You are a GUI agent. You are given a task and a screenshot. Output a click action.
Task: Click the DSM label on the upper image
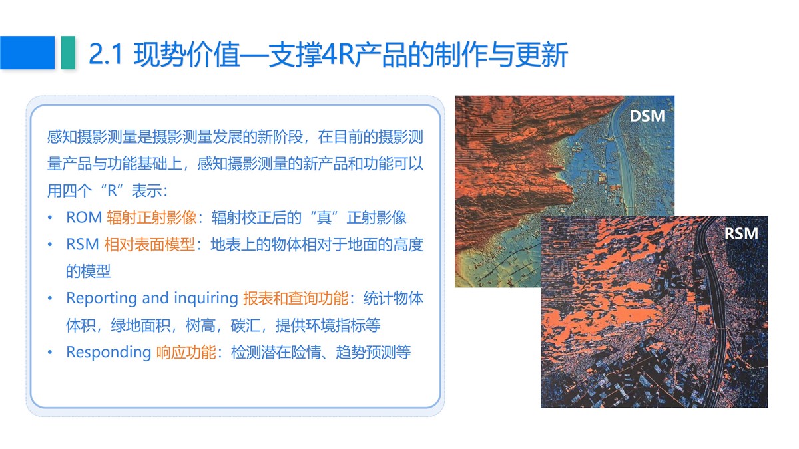647,116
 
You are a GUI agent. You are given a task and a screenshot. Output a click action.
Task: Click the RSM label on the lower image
741,233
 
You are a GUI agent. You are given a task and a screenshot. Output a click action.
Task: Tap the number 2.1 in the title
106,55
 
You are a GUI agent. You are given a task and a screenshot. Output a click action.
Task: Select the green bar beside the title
68,53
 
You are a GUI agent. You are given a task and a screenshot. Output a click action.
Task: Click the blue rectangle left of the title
27,53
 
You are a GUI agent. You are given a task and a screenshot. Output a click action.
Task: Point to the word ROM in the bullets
84,218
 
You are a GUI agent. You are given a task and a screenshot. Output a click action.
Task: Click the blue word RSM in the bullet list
83,245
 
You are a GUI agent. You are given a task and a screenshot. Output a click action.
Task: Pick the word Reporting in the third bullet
102,299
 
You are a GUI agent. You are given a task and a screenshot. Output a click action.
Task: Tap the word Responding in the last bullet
109,353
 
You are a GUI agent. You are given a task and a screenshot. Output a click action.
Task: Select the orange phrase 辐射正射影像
152,218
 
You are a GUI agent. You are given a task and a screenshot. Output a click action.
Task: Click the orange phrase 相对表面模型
149,245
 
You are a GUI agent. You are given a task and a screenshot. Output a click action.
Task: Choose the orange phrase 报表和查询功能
296,298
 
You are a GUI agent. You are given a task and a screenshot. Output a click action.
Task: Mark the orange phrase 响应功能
186,352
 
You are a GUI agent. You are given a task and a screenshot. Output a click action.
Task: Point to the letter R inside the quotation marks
112,191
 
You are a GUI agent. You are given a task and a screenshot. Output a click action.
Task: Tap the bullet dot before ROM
50,218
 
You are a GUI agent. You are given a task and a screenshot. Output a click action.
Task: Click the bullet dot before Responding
50,353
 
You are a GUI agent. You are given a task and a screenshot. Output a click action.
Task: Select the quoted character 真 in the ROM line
324,218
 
